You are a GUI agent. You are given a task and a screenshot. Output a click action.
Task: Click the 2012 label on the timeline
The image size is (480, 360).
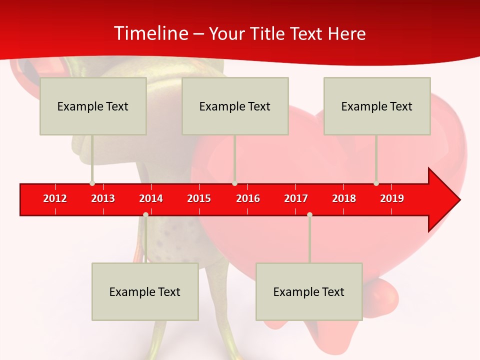point(55,198)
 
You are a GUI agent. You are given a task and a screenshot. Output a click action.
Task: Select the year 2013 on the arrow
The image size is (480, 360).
point(103,198)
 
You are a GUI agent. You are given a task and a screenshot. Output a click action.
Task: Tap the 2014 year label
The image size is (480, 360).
point(151,198)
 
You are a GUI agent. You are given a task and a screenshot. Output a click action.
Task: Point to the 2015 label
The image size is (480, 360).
point(199,198)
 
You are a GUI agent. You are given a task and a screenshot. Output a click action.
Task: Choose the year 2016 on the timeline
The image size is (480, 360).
point(247,198)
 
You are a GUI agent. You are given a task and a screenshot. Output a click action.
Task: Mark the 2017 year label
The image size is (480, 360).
point(296,198)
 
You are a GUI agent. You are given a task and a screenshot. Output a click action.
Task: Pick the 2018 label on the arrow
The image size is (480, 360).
point(344,198)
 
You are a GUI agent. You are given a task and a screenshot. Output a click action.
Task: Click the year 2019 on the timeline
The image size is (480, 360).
point(392,198)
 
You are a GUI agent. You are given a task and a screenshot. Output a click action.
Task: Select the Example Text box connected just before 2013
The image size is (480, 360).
point(93,106)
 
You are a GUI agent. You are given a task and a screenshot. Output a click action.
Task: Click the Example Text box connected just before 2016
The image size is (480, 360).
point(235,106)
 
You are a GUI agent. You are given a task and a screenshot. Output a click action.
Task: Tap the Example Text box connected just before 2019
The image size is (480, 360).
point(377,106)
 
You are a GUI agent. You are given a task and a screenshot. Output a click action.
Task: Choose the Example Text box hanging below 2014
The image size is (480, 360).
point(145,291)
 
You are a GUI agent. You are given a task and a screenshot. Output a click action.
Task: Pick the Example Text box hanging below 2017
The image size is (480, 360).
point(309,291)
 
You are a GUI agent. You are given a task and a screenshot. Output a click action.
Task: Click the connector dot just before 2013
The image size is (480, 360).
point(92,183)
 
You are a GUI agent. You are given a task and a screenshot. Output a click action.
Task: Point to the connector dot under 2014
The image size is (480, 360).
point(145,214)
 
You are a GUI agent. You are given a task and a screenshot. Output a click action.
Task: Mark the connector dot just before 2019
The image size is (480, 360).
point(376,183)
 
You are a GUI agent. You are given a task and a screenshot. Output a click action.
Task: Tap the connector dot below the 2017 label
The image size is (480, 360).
point(309,214)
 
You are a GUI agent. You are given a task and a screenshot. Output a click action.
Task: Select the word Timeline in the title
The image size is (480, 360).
point(151,33)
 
